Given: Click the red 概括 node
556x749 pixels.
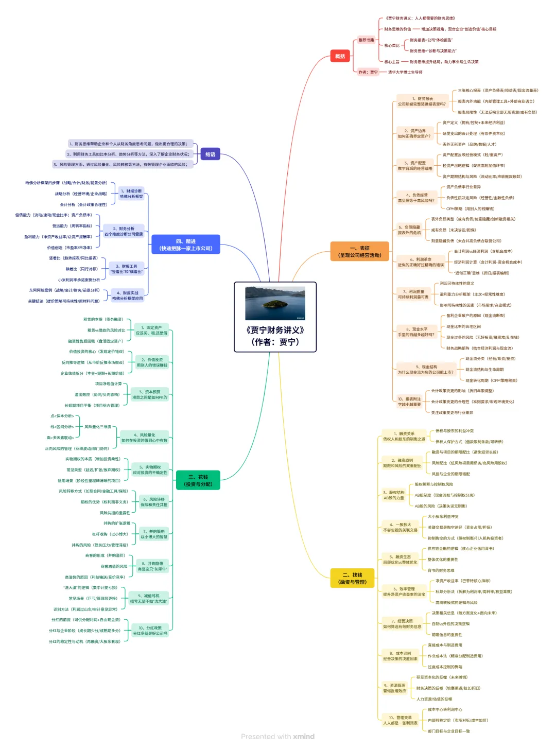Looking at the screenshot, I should point(340,56).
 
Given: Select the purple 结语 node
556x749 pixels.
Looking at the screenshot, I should point(210,154).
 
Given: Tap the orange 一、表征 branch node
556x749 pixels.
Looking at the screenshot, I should point(359,251).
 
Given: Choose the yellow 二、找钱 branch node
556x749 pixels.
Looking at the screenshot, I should point(352,578).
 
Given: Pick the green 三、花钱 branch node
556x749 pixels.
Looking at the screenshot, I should point(198,480).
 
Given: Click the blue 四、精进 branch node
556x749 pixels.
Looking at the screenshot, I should point(185,245).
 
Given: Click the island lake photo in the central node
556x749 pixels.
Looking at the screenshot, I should point(275,303).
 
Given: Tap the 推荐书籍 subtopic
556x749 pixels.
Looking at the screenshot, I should point(366,40).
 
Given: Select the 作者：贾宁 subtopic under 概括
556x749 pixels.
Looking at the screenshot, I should point(368,72).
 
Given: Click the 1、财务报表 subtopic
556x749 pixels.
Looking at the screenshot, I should point(422,101).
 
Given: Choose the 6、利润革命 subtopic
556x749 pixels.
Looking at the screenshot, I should point(420,262).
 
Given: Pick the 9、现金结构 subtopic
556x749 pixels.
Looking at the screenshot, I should point(425,370).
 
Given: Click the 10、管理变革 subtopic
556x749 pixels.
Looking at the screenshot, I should point(400,720).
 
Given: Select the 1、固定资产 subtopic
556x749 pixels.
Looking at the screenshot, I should point(151,330).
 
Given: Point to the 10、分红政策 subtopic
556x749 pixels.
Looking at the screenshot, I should point(150,631).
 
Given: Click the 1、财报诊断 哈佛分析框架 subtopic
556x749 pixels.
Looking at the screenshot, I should point(131,194).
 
